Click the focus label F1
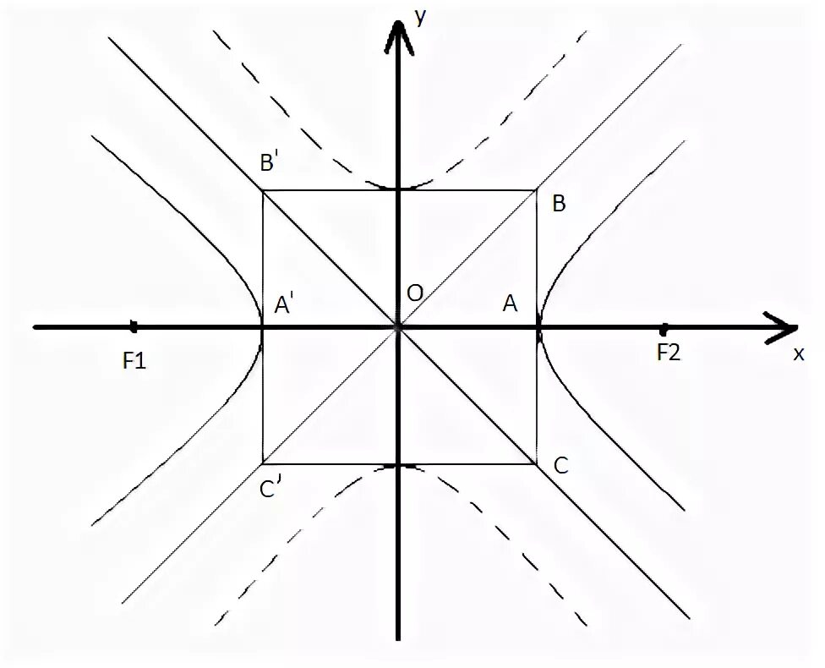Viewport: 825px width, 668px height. (134, 362)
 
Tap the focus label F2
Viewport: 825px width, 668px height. (668, 353)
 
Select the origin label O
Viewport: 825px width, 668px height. (414, 293)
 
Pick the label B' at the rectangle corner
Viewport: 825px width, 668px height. (270, 163)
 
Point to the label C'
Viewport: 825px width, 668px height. (271, 489)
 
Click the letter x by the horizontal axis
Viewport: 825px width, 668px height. (798, 354)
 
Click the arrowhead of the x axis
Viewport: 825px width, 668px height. (781, 326)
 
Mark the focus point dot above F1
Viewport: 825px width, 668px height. (134, 326)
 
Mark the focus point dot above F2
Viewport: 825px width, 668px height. (664, 327)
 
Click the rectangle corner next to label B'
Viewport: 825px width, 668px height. (263, 191)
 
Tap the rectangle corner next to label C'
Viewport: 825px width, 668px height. (263, 463)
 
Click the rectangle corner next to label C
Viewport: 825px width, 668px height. (537, 463)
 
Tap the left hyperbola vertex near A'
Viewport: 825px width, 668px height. (263, 327)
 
